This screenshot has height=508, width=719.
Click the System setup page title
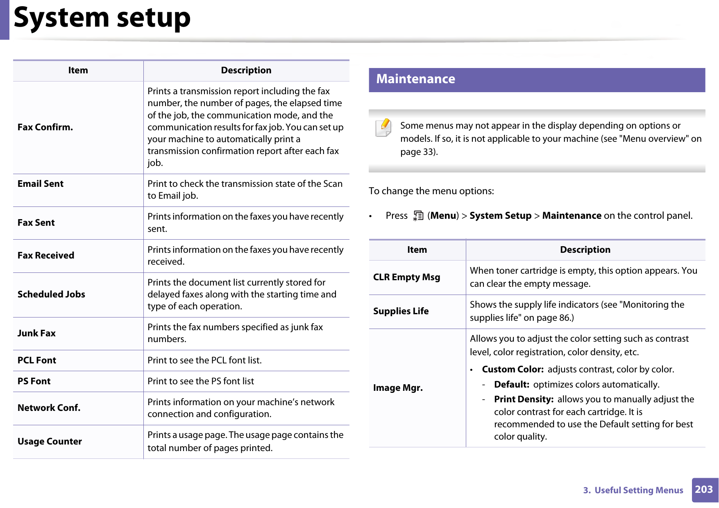[102, 18]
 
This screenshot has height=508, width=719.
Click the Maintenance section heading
[415, 79]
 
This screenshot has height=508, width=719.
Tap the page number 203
[704, 490]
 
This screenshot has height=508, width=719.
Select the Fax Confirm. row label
[45, 127]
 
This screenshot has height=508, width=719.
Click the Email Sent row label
[41, 184]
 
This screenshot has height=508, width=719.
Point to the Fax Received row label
[46, 256]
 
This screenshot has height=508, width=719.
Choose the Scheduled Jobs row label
[51, 295]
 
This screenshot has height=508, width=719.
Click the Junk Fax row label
[36, 333]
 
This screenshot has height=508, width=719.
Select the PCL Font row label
[37, 361]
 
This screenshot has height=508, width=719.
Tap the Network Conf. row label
[49, 408]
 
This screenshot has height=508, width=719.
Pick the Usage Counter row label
[50, 442]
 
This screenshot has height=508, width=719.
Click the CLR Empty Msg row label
[406, 277]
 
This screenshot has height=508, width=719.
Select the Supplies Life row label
[401, 311]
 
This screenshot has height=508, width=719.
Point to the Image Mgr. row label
[398, 388]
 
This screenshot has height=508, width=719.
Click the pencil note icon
[384, 127]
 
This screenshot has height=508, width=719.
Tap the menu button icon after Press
[418, 216]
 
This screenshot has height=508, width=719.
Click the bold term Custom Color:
[513, 370]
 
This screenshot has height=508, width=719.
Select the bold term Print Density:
[524, 399]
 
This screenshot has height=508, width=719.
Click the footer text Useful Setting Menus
[638, 490]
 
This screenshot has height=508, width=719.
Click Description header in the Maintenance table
[585, 250]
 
